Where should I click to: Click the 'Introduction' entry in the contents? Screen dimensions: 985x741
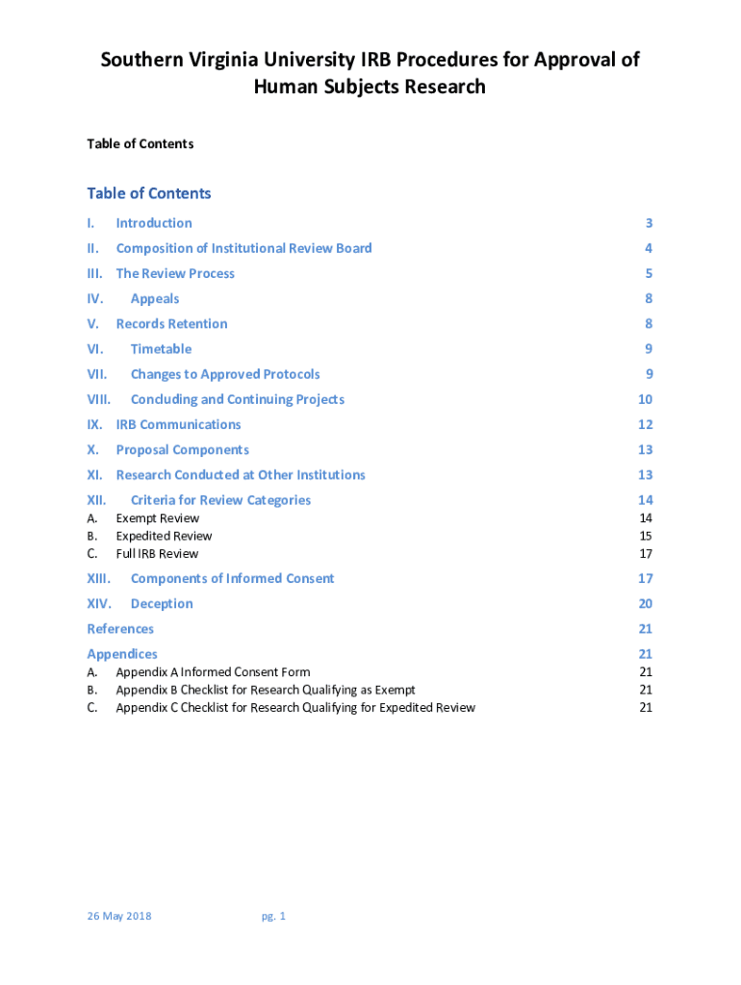pyautogui.click(x=154, y=223)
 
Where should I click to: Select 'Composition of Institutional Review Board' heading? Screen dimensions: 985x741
pyautogui.click(x=243, y=248)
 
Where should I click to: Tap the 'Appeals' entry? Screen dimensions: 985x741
pyautogui.click(x=155, y=298)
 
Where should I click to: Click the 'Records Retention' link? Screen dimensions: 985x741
pyautogui.click(x=171, y=323)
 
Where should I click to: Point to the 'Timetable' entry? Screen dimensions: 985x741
pyautogui.click(x=161, y=348)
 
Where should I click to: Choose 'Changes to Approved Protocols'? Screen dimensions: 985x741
pyautogui.click(x=225, y=374)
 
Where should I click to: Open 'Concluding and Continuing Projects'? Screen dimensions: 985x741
pyautogui.click(x=237, y=399)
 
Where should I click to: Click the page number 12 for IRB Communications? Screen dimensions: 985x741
pyautogui.click(x=645, y=424)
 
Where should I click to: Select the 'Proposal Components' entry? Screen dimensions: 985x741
pyautogui.click(x=182, y=449)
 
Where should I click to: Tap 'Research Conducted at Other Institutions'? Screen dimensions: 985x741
pyautogui.click(x=241, y=474)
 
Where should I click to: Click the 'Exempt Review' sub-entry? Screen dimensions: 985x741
pyautogui.click(x=158, y=518)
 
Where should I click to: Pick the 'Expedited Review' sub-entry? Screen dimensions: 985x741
pyautogui.click(x=164, y=536)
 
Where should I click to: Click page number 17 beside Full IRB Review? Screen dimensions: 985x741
pyautogui.click(x=646, y=553)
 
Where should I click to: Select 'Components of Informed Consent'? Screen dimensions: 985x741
pyautogui.click(x=232, y=578)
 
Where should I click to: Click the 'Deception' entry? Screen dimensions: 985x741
pyautogui.click(x=162, y=603)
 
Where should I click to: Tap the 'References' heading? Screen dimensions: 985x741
pyautogui.click(x=120, y=628)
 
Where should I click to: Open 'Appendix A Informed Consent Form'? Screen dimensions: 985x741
pyautogui.click(x=213, y=672)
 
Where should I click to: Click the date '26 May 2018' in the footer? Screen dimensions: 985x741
pyautogui.click(x=119, y=916)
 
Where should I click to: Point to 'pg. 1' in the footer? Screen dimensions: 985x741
pyautogui.click(x=273, y=916)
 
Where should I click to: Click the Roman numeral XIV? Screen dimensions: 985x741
pyautogui.click(x=99, y=603)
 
